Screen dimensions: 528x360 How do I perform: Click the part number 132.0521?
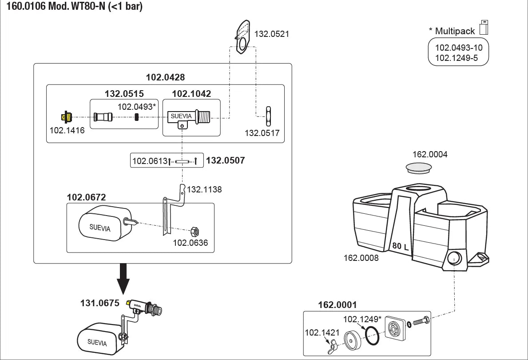(271, 34)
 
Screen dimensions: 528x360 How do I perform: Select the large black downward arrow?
(123, 279)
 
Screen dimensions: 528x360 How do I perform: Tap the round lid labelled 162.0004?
(419, 168)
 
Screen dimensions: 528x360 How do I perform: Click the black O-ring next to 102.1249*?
(373, 336)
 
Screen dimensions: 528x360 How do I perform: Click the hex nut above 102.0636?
(195, 232)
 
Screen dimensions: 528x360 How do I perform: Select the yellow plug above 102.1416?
(66, 117)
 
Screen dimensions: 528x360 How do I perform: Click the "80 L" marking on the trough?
(401, 246)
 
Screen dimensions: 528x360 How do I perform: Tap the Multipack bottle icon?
(484, 27)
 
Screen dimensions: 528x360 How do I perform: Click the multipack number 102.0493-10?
(459, 48)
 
